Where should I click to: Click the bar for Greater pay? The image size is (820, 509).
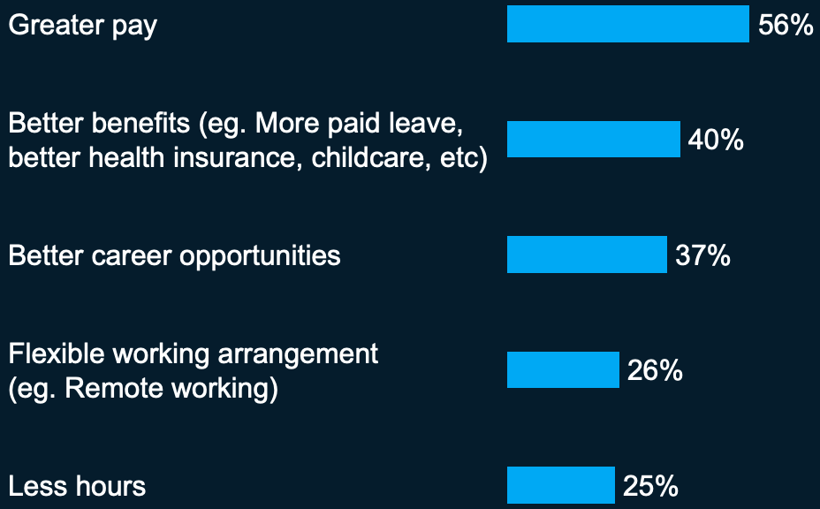pyautogui.click(x=628, y=24)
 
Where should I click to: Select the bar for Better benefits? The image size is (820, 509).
pyautogui.click(x=594, y=139)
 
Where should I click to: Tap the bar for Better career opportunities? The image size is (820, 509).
pyautogui.click(x=588, y=254)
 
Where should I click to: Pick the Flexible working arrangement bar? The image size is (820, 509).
pyautogui.click(x=563, y=370)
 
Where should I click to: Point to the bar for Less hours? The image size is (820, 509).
pyautogui.click(x=561, y=485)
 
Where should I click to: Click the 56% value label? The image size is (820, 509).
pyautogui.click(x=786, y=25)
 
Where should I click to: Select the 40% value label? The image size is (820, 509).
pyautogui.click(x=716, y=140)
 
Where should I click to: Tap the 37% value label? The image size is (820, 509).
pyautogui.click(x=702, y=255)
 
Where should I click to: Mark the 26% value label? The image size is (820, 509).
pyautogui.click(x=655, y=370)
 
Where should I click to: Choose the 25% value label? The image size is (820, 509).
pyautogui.click(x=650, y=486)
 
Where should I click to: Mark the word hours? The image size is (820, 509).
pyautogui.click(x=110, y=485)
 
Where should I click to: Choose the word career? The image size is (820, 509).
pyautogui.click(x=132, y=255)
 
